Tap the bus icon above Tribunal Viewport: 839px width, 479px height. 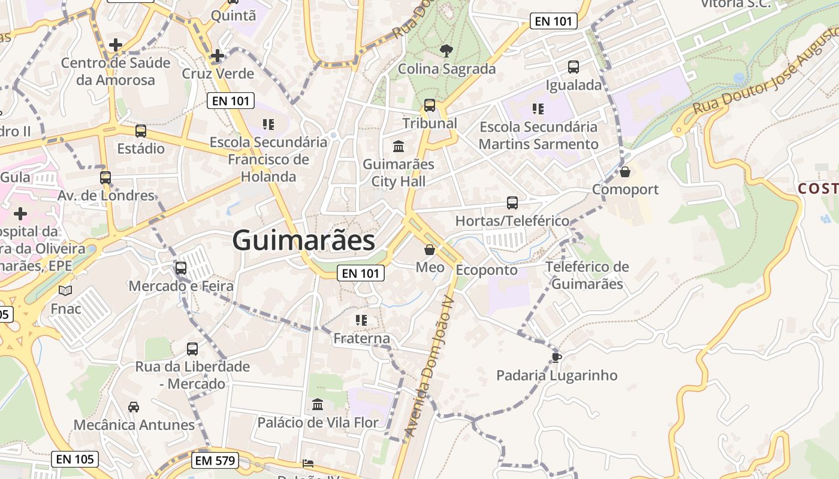(430, 105)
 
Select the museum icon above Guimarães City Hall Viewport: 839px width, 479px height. (399, 146)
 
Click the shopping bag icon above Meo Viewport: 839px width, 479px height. (430, 250)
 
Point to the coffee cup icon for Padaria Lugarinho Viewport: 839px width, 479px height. (556, 357)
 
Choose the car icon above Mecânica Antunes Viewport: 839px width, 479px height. (134, 407)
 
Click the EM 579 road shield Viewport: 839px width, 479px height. (215, 460)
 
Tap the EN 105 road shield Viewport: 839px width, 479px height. (75, 459)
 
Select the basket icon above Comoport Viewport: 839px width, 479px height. (625, 172)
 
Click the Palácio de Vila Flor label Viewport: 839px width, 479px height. (318, 423)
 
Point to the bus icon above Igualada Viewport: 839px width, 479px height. (574, 67)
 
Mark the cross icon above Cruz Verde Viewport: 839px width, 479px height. (218, 56)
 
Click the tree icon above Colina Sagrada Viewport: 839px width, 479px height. (446, 51)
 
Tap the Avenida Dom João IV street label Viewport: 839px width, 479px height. (428, 365)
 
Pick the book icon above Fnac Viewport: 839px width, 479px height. (65, 291)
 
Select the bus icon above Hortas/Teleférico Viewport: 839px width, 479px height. (512, 203)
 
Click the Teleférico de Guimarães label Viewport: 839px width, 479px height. (587, 275)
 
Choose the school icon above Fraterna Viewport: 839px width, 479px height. (361, 320)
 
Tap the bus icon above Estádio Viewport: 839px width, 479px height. (141, 131)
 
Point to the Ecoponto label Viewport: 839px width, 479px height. (487, 270)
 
